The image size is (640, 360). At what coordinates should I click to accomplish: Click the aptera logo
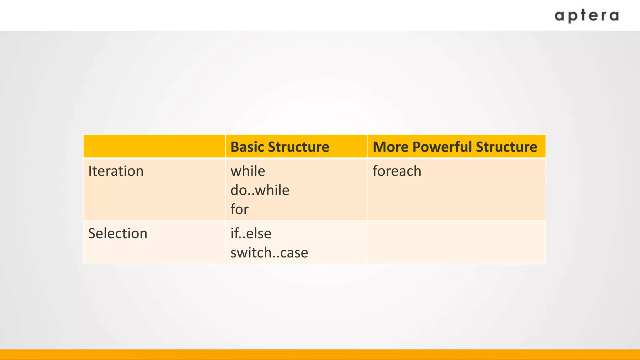[x=587, y=16]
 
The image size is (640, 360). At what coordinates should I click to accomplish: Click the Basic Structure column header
[x=280, y=147]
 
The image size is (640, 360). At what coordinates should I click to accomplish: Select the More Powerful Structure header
[x=455, y=147]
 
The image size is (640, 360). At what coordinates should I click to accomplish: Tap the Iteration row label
[x=116, y=171]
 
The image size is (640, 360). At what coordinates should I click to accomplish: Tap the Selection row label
[x=118, y=233]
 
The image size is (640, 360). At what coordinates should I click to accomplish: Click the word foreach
[x=397, y=171]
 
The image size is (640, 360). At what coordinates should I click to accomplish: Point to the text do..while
[x=260, y=190]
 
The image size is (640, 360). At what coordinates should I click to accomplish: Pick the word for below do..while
[x=239, y=209]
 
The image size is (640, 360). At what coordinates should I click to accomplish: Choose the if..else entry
[x=251, y=233]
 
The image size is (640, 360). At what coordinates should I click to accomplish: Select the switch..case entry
[x=269, y=252]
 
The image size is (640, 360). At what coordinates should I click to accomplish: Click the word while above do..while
[x=248, y=171]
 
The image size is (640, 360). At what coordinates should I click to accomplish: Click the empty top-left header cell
[x=154, y=146]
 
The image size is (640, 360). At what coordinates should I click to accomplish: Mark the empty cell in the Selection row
[x=457, y=242]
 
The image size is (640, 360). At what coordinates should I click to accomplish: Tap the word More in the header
[x=391, y=147]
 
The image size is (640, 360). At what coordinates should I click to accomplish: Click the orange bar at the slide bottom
[x=320, y=355]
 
